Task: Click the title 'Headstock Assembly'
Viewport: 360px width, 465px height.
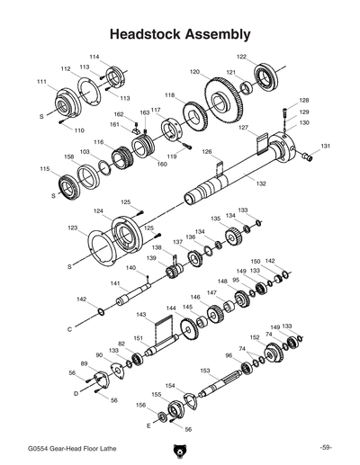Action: [180, 34]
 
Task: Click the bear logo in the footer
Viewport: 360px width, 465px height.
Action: [179, 448]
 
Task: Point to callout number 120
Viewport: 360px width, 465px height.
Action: [194, 72]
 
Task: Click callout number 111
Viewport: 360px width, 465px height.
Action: [41, 82]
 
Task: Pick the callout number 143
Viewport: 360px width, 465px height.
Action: [142, 315]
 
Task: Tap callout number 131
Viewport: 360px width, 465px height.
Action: [326, 146]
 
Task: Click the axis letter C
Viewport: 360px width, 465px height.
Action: [69, 330]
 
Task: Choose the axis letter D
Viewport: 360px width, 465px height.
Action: [76, 393]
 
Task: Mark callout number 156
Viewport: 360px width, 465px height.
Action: [139, 407]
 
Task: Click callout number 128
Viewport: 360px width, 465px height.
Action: [304, 101]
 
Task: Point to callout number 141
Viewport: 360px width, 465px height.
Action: [115, 283]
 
